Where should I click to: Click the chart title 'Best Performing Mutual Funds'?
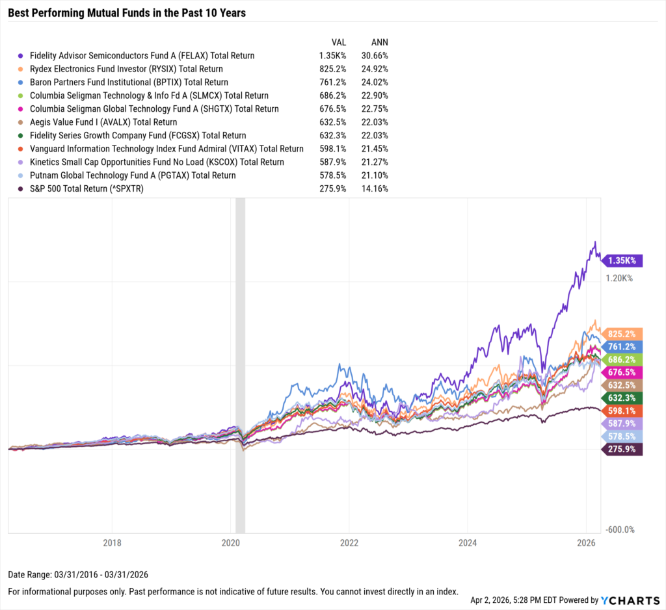click(x=127, y=12)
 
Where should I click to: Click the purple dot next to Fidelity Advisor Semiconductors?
click(x=22, y=56)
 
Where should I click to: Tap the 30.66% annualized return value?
click(x=375, y=56)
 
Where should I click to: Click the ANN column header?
click(x=379, y=42)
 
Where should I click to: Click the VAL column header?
click(x=339, y=42)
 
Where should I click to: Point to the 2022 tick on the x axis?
click(x=349, y=542)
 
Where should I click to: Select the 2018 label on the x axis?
click(x=112, y=542)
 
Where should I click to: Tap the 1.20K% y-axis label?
click(x=619, y=278)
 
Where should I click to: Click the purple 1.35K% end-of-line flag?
click(x=622, y=261)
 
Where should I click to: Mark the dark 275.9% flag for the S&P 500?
click(x=622, y=450)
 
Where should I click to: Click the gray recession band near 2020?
click(x=240, y=364)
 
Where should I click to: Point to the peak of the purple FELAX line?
click(x=594, y=242)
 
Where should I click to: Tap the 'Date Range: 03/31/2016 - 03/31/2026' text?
click(x=79, y=575)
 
